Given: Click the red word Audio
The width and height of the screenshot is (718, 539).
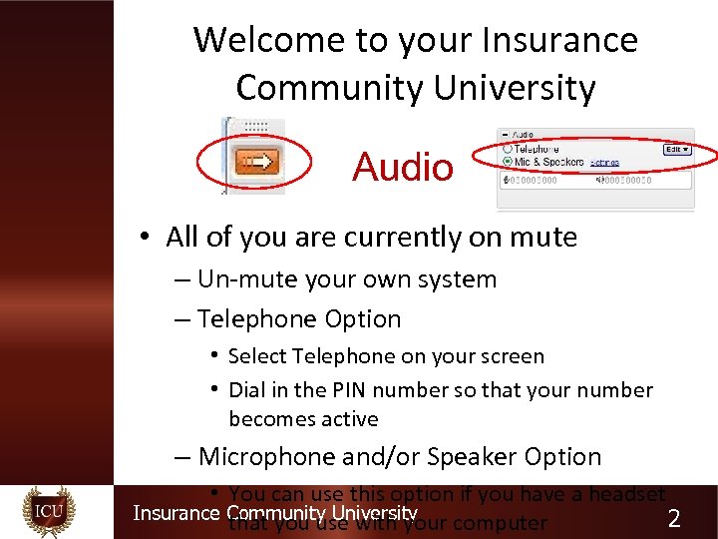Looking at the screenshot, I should tap(402, 167).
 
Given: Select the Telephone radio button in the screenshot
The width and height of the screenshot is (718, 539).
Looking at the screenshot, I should tap(508, 148).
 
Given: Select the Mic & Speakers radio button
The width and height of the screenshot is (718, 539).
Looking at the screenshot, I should tap(508, 161).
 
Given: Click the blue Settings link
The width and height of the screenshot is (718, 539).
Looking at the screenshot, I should tap(604, 162).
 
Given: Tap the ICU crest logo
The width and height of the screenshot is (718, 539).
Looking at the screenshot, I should tap(49, 512).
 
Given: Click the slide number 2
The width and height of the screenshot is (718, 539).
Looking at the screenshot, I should tap(674, 518).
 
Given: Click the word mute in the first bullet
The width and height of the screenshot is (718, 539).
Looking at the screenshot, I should tap(543, 238).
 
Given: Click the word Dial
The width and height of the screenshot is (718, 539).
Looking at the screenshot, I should tap(248, 390).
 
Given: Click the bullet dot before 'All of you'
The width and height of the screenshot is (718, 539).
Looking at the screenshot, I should tap(146, 238).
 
